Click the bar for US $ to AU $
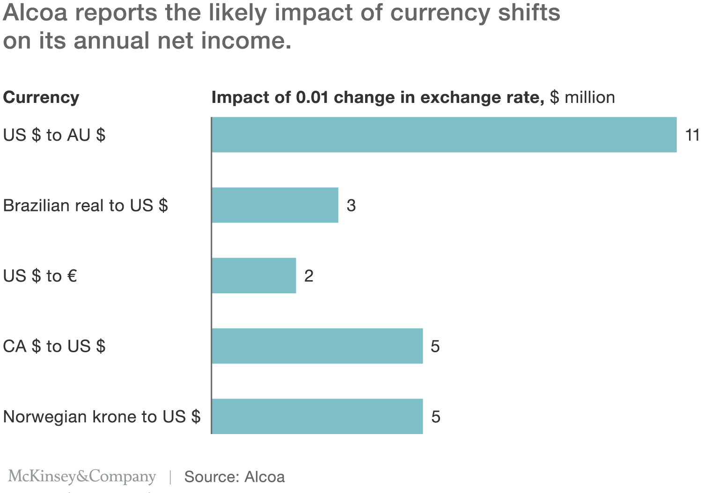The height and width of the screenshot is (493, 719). (x=444, y=135)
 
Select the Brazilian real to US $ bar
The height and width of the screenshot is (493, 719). (x=275, y=205)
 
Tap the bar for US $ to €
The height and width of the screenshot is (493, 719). (x=254, y=276)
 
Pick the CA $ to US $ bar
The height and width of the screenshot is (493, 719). (x=317, y=346)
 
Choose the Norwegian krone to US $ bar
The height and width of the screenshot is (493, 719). (x=317, y=417)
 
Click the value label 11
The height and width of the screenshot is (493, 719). (x=692, y=135)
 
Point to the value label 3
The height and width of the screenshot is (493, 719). (x=351, y=205)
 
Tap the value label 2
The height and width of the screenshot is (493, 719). (x=308, y=276)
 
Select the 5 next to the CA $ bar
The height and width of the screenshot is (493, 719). (x=435, y=347)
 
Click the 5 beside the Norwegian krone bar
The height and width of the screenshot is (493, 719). (x=436, y=417)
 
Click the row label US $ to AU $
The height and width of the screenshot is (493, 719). (x=54, y=135)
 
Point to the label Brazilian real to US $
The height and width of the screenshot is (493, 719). (x=85, y=205)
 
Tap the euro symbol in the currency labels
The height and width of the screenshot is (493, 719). (x=72, y=276)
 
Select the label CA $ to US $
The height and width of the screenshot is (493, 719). (x=54, y=347)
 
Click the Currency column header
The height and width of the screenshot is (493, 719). (x=41, y=97)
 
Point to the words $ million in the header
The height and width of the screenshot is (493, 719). (x=582, y=97)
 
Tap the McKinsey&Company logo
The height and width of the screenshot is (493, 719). (x=82, y=477)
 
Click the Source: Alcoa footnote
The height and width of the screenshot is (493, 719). (x=235, y=477)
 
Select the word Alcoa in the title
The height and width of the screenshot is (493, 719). (x=35, y=13)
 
